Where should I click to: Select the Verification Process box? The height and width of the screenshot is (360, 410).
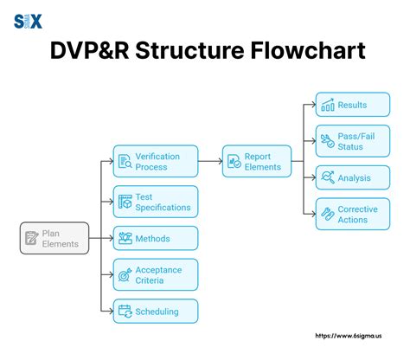(x=156, y=161)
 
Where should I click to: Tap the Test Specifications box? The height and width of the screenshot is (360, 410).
(x=156, y=202)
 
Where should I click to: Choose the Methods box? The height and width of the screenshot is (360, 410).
(x=156, y=238)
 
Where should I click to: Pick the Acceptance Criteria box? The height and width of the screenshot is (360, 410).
(x=156, y=274)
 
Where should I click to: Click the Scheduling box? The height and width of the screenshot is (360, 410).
(x=156, y=311)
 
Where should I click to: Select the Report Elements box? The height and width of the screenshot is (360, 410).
(x=256, y=161)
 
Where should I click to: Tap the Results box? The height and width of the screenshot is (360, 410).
(x=346, y=105)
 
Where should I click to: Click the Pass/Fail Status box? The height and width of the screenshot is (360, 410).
(x=346, y=140)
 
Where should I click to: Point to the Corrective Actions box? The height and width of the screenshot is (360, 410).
(x=346, y=214)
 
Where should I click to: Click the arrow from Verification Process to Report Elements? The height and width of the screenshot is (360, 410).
(x=210, y=161)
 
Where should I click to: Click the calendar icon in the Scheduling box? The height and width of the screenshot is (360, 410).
(x=125, y=312)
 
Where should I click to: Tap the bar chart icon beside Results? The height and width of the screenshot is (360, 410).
(x=328, y=106)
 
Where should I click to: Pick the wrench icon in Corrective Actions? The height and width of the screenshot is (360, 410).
(x=327, y=214)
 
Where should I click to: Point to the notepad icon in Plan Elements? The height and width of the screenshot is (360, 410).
(x=32, y=238)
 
